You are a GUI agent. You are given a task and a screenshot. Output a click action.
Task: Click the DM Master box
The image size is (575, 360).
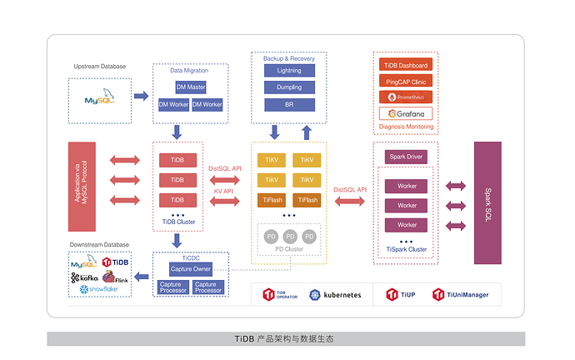tap(191, 87)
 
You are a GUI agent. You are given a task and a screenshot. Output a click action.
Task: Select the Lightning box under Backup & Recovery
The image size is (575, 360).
tap(289, 71)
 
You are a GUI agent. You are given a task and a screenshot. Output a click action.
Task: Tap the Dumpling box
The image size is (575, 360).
tap(289, 87)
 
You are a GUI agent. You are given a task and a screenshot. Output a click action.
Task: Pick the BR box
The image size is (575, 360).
tap(289, 104)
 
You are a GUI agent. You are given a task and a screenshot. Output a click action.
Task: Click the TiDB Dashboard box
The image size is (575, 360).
tap(406, 65)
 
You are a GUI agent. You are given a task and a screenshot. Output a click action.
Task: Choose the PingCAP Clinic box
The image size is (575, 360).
tap(406, 81)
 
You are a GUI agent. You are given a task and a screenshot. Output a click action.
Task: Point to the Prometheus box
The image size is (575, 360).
tap(406, 97)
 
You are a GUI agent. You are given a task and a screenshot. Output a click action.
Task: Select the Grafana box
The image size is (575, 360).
tap(406, 113)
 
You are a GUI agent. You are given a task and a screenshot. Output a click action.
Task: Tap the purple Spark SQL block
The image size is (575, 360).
tap(487, 202)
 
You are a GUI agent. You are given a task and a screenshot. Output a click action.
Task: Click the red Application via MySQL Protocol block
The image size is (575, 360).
tap(82, 187)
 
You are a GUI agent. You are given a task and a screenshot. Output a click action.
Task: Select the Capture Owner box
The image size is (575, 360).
tap(191, 269)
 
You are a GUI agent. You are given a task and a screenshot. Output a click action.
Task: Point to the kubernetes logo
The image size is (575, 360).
tap(335, 295)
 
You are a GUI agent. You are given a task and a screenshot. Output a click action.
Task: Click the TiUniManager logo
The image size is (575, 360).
tap(461, 294)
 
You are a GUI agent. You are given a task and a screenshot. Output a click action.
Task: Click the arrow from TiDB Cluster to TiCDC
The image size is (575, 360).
tap(177, 241)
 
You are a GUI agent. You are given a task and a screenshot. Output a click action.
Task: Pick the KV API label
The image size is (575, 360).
tap(225, 192)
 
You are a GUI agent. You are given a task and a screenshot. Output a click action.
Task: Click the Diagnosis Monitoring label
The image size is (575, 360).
tap(406, 127)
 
